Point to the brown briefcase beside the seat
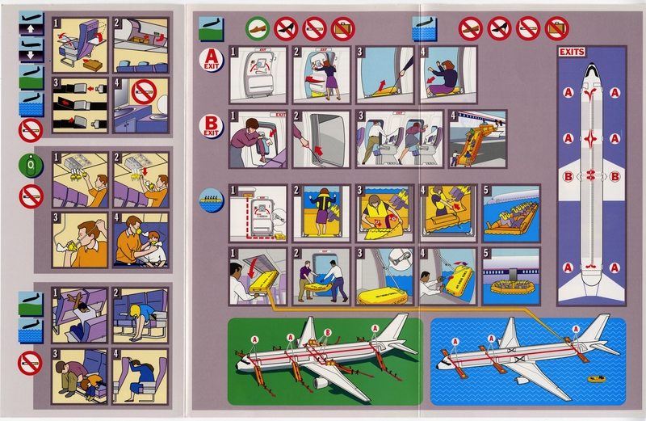point(94,64)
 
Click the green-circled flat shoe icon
point(256,28)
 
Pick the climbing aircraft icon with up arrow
point(30,30)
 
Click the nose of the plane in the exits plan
point(593,68)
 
